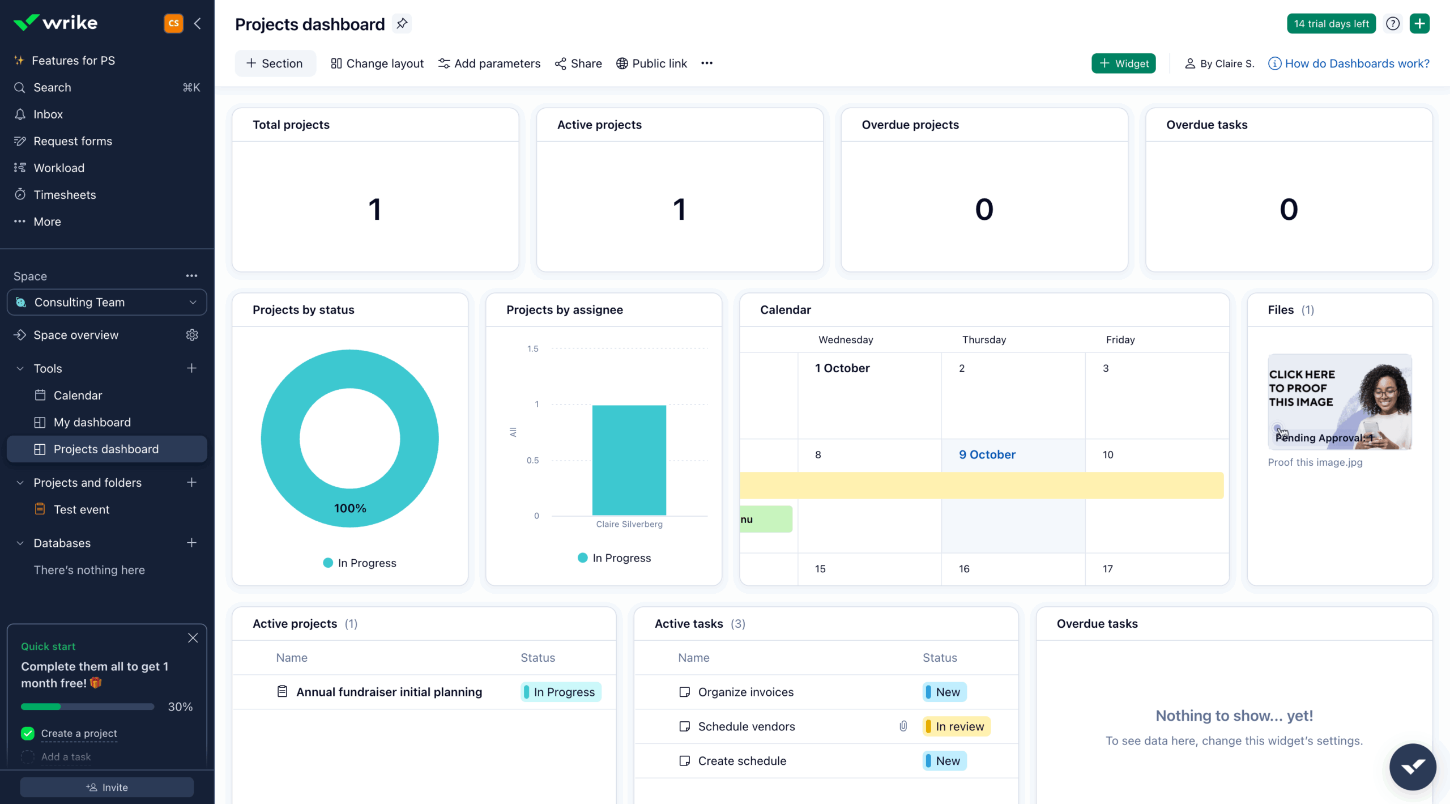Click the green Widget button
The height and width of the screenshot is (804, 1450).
pos(1123,63)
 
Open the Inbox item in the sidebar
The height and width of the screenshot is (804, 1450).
pos(48,114)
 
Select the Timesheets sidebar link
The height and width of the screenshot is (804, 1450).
pos(65,195)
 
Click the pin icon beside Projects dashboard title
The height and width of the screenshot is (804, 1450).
pos(402,24)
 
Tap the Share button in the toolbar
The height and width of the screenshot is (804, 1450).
pos(578,63)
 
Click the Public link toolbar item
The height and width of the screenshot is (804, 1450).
pos(651,63)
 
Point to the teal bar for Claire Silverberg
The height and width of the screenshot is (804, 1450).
pos(629,460)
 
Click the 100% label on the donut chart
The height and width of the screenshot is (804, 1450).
pos(350,508)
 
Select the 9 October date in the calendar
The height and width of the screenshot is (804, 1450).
pos(987,454)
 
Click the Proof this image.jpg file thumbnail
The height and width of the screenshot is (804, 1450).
pos(1340,402)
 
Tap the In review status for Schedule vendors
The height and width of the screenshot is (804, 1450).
pos(957,726)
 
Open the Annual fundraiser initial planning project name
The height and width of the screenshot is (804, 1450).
pos(389,692)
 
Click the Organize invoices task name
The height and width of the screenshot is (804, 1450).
pos(745,692)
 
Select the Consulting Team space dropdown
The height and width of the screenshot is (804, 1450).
pos(107,303)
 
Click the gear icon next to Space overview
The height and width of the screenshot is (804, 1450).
pos(192,335)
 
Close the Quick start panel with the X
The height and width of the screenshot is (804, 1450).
pos(193,638)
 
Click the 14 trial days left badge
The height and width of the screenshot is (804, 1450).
pos(1330,24)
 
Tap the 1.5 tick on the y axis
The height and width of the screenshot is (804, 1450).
pos(532,349)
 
